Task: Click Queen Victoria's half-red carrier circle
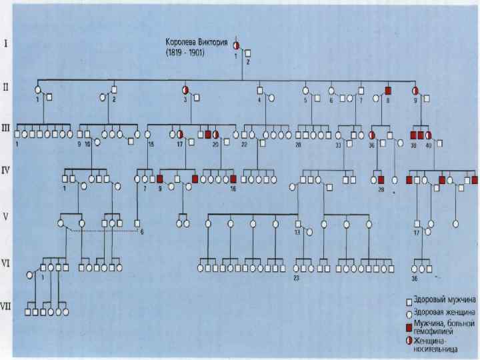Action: (x=236, y=45)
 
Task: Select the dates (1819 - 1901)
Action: (x=189, y=51)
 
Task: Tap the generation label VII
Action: (x=7, y=307)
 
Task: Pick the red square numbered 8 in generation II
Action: (x=387, y=90)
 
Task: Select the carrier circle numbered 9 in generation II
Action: (x=415, y=90)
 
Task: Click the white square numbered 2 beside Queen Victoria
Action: (x=247, y=53)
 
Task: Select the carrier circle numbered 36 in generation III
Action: (x=372, y=134)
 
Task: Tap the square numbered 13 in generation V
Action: (x=297, y=224)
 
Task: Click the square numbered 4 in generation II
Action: (x=260, y=90)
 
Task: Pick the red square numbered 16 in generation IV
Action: (x=233, y=179)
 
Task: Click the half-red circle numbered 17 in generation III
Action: (x=180, y=134)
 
